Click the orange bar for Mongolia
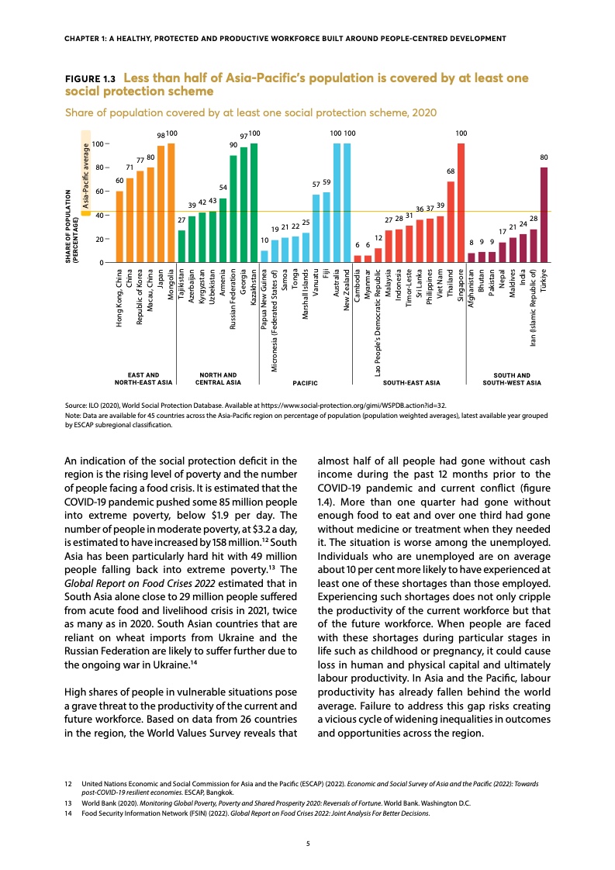tap(171, 203)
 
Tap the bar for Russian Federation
tap(233, 209)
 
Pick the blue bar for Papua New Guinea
tap(264, 257)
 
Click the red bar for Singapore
tap(461, 203)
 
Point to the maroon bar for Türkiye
tap(544, 215)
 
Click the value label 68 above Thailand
tap(451, 171)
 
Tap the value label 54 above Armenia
tap(223, 188)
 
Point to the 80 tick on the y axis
tap(98, 167)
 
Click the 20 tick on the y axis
tap(98, 239)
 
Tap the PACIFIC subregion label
tap(306, 383)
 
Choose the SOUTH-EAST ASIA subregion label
tap(412, 383)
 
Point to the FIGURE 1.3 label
tap(90, 79)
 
